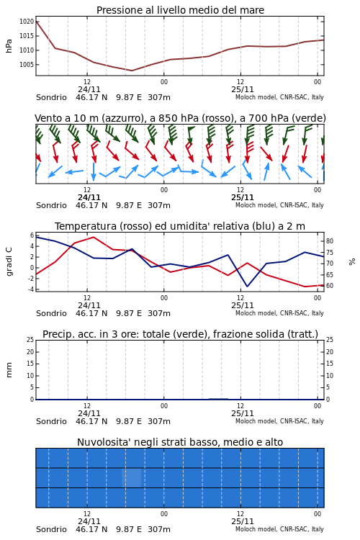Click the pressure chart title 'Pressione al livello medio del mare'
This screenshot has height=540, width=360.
click(x=180, y=10)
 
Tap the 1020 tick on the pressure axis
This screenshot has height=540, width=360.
click(x=27, y=22)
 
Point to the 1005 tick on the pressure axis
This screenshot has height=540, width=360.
click(x=27, y=64)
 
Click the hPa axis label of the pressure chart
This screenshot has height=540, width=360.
click(x=9, y=46)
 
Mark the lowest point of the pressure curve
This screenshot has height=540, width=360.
click(x=132, y=71)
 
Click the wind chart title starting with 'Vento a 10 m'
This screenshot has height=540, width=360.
click(x=180, y=118)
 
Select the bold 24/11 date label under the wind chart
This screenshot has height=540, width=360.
click(x=89, y=197)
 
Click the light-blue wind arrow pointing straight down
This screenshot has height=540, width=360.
click(x=94, y=171)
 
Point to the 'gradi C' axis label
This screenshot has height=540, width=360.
click(x=9, y=261)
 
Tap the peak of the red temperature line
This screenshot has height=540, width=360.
click(x=94, y=237)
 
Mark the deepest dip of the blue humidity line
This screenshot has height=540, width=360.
click(x=247, y=286)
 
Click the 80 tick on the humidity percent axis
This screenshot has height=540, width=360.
click(x=330, y=241)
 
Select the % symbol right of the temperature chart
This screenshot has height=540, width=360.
click(x=352, y=262)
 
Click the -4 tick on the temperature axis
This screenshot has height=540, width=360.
click(x=31, y=289)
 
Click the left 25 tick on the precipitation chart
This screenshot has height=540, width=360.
click(x=30, y=340)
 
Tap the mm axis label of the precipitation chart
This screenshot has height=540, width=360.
click(x=9, y=370)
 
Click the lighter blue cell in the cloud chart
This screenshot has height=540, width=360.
click(x=132, y=477)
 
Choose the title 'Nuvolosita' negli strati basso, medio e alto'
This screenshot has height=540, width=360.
click(x=180, y=442)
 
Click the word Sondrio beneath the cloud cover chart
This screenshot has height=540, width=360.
click(x=51, y=529)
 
